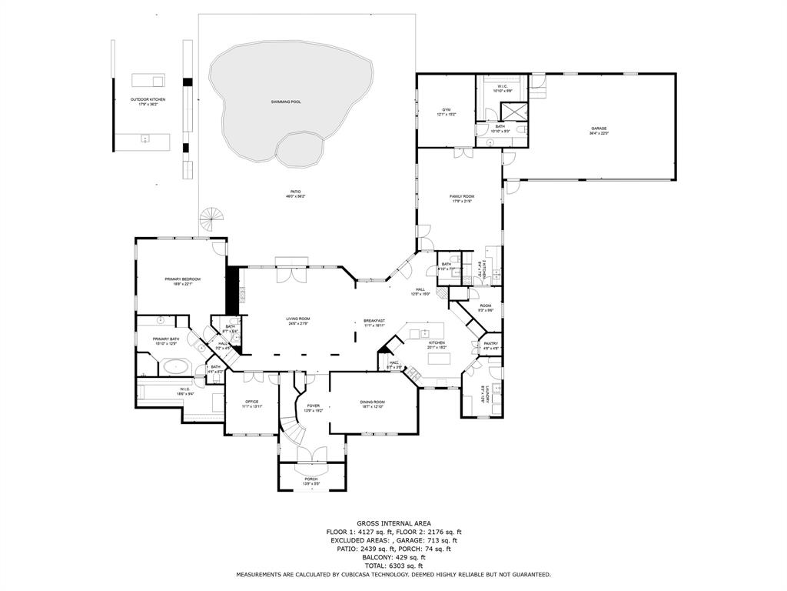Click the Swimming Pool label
tap(285, 102)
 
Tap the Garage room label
tap(599, 129)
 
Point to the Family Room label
tap(462, 197)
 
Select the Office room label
tap(252, 402)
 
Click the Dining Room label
tap(372, 402)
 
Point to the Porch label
tap(311, 479)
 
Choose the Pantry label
tap(491, 344)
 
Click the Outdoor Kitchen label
tap(148, 99)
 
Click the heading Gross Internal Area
tap(393, 523)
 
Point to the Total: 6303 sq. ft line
tap(393, 566)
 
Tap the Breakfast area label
tap(374, 320)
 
